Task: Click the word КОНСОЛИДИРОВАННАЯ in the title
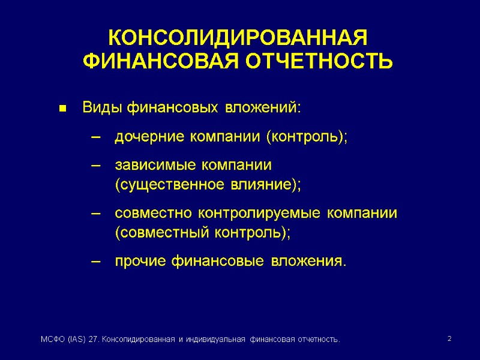click(x=237, y=38)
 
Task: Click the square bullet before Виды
click(x=62, y=109)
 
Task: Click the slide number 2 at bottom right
click(x=449, y=340)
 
